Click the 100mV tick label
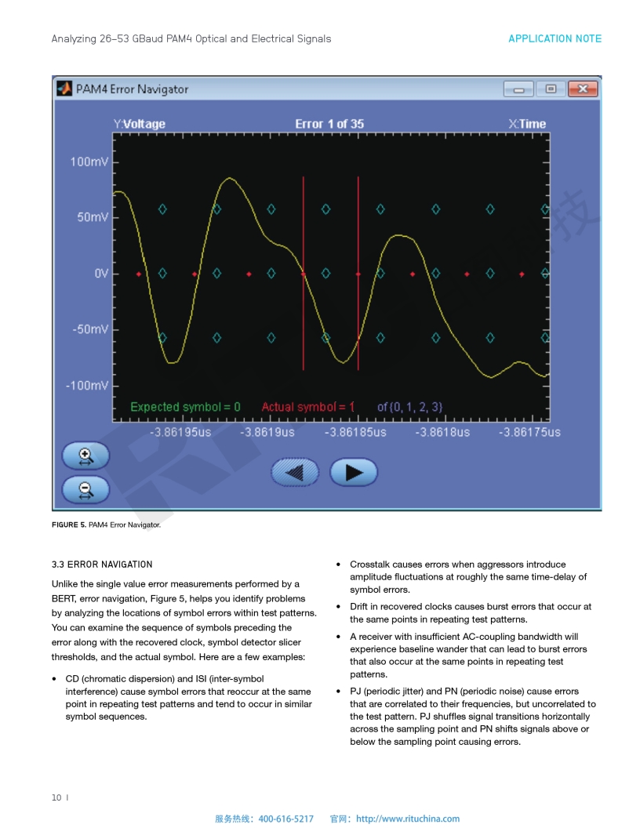tap(89, 162)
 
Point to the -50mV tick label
tap(90, 329)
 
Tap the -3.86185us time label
tap(356, 432)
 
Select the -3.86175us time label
tap(530, 432)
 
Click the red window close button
tap(582, 89)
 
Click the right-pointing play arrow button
tap(354, 472)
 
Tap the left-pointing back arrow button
tap(295, 473)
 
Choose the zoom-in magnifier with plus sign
tap(85, 456)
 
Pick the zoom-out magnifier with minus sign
tap(85, 490)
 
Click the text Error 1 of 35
tap(329, 124)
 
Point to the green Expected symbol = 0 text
tap(185, 407)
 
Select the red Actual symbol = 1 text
tap(307, 407)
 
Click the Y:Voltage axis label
tap(140, 124)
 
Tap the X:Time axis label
tap(527, 124)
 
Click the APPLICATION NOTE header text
tap(555, 38)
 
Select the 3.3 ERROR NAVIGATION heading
tap(102, 565)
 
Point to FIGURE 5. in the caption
tap(69, 525)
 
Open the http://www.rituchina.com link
tap(408, 819)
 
